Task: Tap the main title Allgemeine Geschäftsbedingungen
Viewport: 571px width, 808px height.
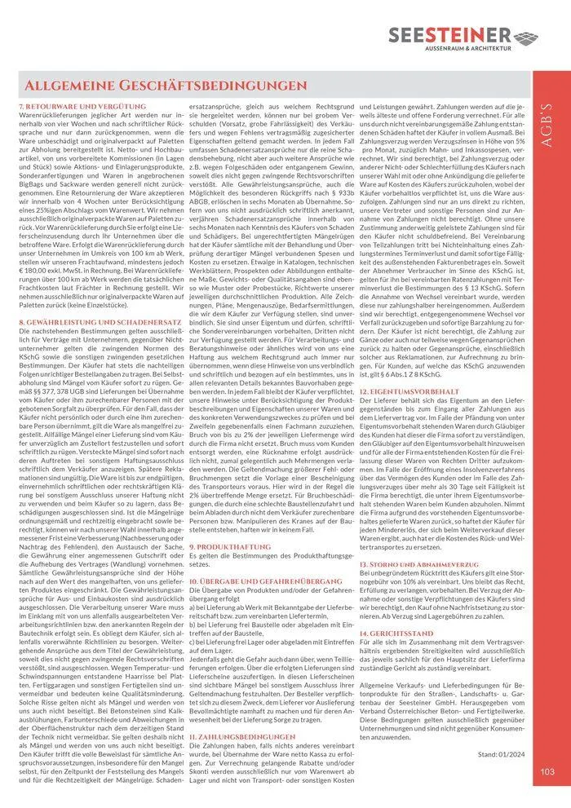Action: [166, 86]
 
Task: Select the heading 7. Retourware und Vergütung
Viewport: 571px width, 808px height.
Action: [70, 107]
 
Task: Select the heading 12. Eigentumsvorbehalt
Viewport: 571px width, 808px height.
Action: [409, 391]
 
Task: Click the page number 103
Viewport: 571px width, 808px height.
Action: [547, 771]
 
